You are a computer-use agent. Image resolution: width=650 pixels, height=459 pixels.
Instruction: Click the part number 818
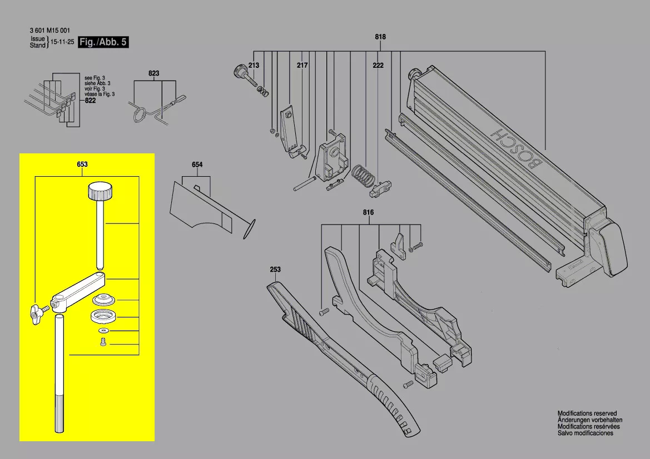click(x=380, y=37)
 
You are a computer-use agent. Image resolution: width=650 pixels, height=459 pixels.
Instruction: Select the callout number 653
click(x=82, y=164)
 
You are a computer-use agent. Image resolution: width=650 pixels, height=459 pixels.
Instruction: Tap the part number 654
click(x=197, y=165)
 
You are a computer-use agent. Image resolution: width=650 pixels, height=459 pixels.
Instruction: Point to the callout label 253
click(x=275, y=270)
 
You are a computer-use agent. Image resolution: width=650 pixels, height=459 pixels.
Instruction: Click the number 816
click(x=368, y=213)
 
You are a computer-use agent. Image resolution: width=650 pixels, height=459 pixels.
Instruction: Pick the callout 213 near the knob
click(x=254, y=66)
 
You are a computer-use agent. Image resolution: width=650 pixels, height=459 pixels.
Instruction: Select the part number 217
click(x=302, y=66)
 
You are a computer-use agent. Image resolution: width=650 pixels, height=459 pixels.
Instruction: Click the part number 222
click(x=378, y=66)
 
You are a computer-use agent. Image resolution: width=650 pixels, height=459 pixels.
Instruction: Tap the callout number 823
click(x=154, y=73)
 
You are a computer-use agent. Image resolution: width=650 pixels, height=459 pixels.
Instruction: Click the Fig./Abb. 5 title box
click(x=104, y=42)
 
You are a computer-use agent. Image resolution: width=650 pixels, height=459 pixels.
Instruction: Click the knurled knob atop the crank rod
click(x=100, y=192)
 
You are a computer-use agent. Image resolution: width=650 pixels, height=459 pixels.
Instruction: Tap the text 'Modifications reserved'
click(x=587, y=413)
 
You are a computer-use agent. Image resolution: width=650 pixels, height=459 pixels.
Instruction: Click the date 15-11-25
click(x=62, y=42)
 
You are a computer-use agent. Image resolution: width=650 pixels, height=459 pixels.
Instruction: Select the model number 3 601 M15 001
click(x=50, y=30)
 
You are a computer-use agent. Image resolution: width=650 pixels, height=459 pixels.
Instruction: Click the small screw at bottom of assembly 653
click(x=103, y=343)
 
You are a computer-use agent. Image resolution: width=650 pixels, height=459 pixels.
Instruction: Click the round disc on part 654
click(x=249, y=228)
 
